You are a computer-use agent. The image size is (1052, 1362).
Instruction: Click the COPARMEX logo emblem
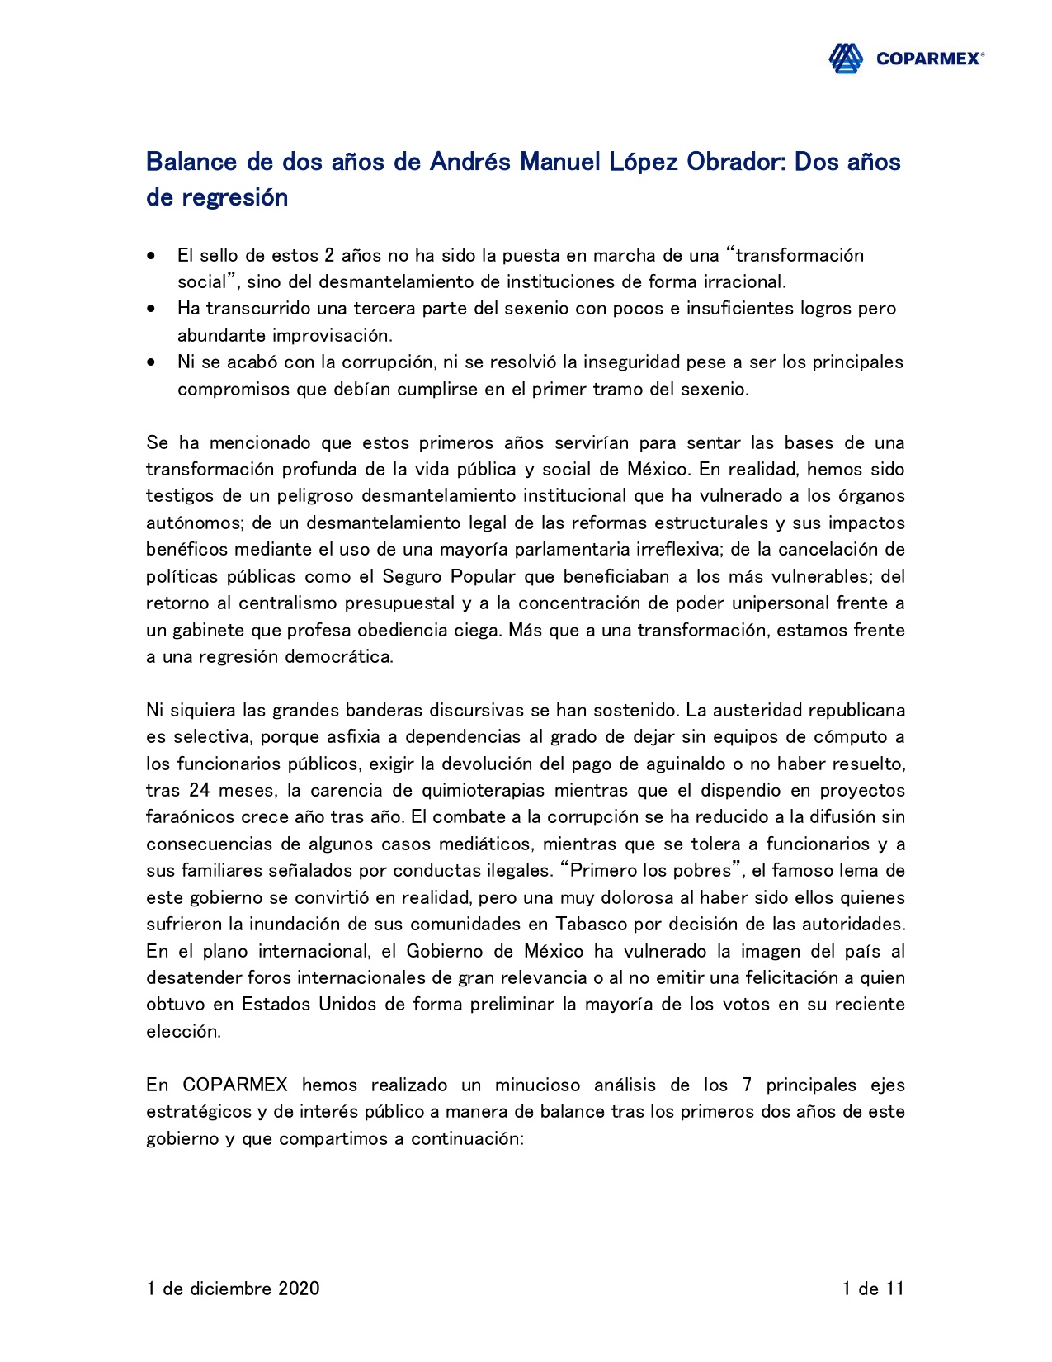click(x=846, y=59)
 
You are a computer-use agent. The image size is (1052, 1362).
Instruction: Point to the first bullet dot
click(x=150, y=256)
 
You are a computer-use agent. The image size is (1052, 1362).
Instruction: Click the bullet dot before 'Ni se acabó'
click(x=150, y=362)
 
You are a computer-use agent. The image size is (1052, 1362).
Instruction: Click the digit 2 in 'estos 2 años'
click(x=329, y=256)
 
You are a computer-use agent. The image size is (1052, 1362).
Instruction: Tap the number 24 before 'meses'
click(x=200, y=791)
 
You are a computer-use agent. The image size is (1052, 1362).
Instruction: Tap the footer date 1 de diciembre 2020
click(x=233, y=1289)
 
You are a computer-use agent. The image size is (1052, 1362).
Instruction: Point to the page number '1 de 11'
click(x=873, y=1289)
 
